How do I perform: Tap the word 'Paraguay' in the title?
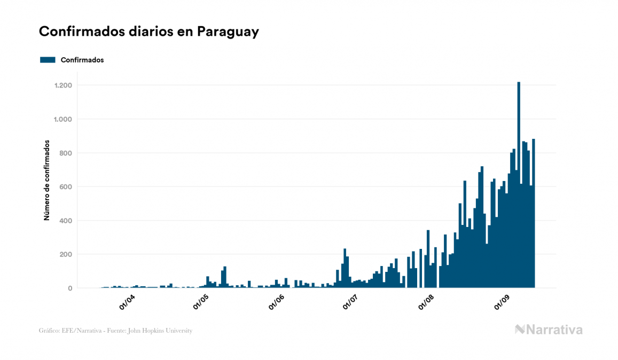point(228,32)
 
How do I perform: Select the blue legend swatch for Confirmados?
point(48,60)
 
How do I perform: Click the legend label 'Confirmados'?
point(82,60)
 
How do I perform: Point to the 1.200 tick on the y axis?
point(63,85)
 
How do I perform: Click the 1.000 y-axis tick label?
point(63,119)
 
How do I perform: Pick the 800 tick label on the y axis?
point(66,153)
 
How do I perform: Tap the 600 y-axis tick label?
point(66,187)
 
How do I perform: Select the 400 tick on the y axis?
point(66,221)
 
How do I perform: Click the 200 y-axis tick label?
point(66,254)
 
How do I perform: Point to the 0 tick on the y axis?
point(70,288)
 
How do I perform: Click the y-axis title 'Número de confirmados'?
point(47,180)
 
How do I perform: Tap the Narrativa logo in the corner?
point(549,330)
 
